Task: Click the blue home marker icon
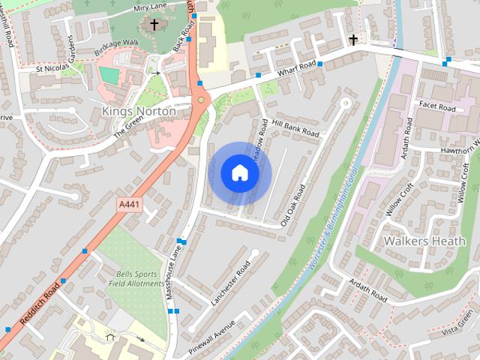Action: point(239,173)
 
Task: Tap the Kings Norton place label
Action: point(138,112)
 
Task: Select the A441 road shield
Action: point(130,204)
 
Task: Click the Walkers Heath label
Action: point(415,241)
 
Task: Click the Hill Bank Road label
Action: point(296,127)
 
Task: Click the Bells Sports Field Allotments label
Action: point(136,278)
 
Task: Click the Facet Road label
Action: point(438,108)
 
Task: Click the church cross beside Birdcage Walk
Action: point(154,25)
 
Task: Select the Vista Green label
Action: point(458,331)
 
